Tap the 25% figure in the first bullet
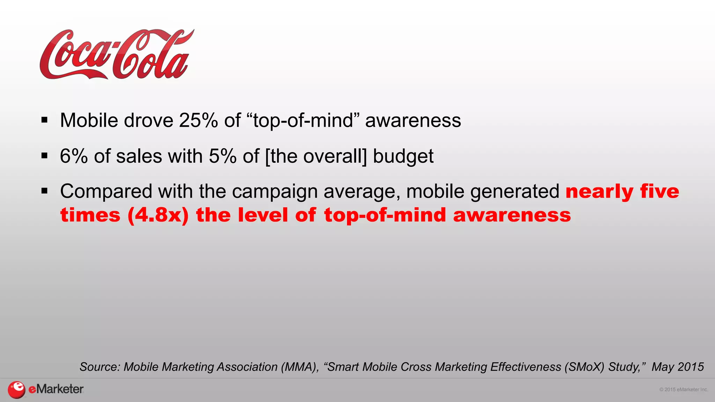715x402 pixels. point(198,120)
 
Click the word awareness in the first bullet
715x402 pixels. point(413,120)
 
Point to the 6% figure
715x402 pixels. point(74,156)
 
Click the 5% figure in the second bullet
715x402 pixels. point(223,156)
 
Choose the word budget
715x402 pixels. point(403,157)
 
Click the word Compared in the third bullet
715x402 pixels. point(106,192)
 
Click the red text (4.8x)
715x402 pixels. point(158,215)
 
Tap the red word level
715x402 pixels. point(263,215)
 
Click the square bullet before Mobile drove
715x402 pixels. point(44,120)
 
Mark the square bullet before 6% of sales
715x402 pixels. point(44,156)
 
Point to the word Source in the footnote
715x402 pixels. point(100,367)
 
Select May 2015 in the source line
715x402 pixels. point(677,367)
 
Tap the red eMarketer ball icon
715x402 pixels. point(16,389)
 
